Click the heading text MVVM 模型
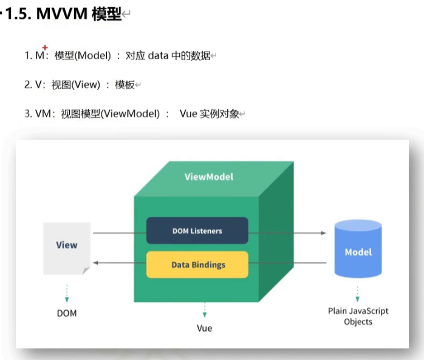pos(79,15)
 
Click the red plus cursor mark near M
pos(45,48)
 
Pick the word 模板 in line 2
pos(125,85)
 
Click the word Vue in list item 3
pos(188,114)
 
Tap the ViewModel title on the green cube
pos(208,177)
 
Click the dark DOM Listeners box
pos(197,231)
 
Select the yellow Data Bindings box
pos(197,265)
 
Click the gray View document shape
pos(67,246)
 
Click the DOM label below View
pos(67,314)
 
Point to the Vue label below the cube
pos(204,328)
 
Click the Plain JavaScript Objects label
pos(358,316)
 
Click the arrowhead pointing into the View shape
pos(97,263)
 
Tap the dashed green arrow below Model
pos(358,292)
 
